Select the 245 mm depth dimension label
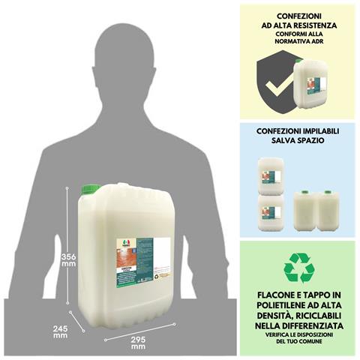coord(61,331)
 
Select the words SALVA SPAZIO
coord(299,139)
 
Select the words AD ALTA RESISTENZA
coord(299,25)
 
